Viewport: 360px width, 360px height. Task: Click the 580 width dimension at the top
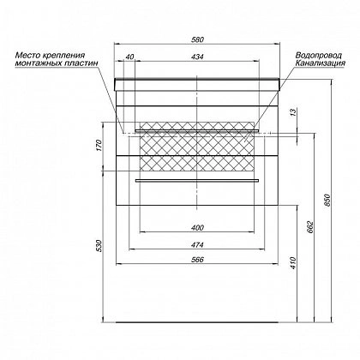[x=197, y=39]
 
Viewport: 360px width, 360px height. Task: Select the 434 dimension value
[x=197, y=57]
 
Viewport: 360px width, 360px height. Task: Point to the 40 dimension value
[x=129, y=57]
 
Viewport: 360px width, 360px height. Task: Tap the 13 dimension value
[x=294, y=112]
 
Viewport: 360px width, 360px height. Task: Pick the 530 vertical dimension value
[x=99, y=246]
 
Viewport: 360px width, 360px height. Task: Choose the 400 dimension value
[x=197, y=227]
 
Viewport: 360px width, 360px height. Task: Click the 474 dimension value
[x=197, y=245]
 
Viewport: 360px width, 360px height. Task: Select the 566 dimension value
[x=197, y=260]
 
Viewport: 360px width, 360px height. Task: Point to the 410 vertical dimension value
[x=294, y=263]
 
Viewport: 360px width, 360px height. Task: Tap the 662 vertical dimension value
[x=311, y=227]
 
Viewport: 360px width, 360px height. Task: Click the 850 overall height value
[x=327, y=201]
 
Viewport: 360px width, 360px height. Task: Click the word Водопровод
[x=319, y=55]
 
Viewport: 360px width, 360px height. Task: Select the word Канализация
[x=321, y=63]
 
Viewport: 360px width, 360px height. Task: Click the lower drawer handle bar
[x=197, y=180]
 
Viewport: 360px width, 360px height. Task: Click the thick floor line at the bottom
[x=197, y=322]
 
